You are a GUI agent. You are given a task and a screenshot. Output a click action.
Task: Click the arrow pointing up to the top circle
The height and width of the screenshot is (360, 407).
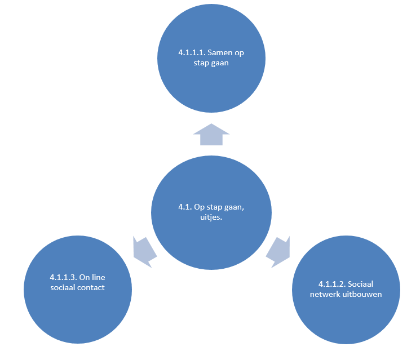tap(211, 135)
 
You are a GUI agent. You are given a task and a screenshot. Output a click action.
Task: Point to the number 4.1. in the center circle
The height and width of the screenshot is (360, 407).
tap(185, 207)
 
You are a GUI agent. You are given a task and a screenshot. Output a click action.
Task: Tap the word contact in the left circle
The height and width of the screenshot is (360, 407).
tap(92, 287)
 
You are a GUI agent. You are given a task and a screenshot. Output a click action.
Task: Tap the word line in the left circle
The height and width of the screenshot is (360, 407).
tap(99, 277)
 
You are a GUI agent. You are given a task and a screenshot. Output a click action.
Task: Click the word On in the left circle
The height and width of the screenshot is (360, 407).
tap(85, 277)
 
